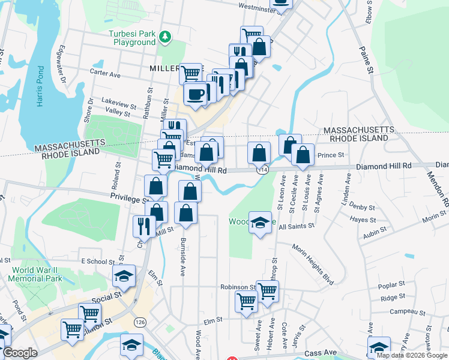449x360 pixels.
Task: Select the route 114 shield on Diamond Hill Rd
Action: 262,170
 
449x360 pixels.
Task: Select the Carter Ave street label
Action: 105,74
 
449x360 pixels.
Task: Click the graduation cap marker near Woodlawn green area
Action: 260,223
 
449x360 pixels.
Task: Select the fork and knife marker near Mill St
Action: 143,226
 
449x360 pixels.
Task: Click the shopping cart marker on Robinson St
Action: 267,291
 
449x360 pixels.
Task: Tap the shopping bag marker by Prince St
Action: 303,155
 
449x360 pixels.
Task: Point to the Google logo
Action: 20,353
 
